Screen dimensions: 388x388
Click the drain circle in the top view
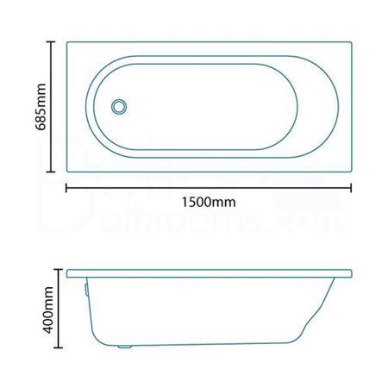point(119,105)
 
